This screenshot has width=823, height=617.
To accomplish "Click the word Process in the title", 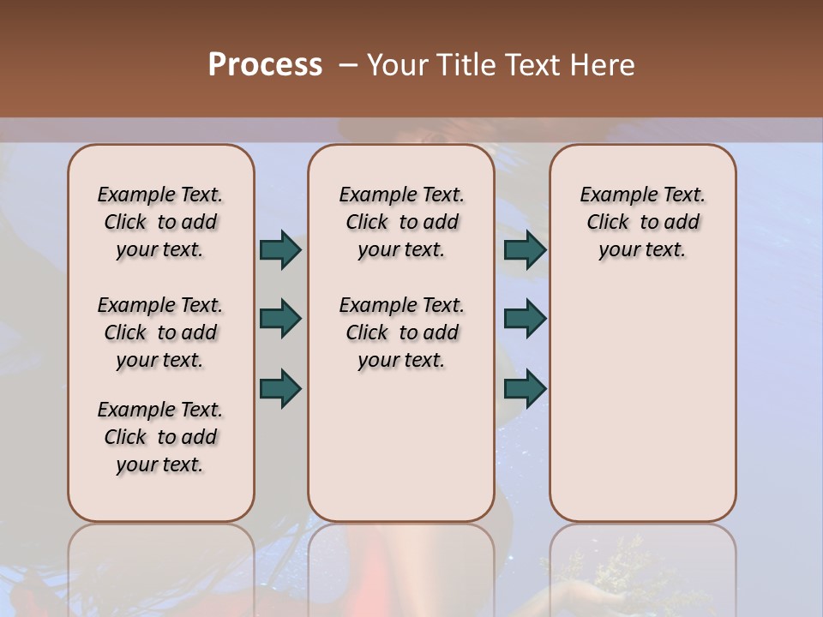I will click(265, 65).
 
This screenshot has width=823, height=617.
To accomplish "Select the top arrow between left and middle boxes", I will click(280, 249).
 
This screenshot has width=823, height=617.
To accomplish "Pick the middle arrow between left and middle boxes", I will click(280, 319).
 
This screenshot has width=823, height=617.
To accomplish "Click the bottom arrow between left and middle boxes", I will click(280, 388).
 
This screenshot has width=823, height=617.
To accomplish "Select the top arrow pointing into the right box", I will click(525, 249).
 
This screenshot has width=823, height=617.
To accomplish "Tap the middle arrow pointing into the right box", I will click(525, 319).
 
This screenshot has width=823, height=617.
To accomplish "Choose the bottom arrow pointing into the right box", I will click(525, 388).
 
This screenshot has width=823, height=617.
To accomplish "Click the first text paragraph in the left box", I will click(160, 222).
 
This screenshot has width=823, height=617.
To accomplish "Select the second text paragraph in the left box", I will click(160, 332).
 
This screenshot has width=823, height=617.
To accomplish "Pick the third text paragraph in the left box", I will click(160, 437).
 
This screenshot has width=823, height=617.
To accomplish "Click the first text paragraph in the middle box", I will click(401, 222).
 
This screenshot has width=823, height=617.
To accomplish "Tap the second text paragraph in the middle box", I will click(401, 332).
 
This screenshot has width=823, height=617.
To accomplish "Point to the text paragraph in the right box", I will click(643, 222).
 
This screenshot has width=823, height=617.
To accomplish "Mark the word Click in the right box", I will click(608, 223).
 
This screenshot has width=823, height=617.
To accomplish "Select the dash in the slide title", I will click(348, 65).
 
